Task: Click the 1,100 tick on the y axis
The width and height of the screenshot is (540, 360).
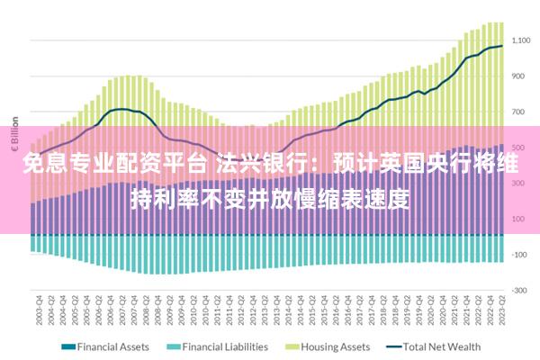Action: tap(524, 40)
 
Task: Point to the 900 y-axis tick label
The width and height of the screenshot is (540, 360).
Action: tap(524, 76)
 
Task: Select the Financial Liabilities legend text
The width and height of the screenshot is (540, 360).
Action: tap(226, 346)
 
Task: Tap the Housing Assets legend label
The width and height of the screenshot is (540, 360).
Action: tap(336, 346)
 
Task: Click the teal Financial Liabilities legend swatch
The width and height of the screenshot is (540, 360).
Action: tap(171, 346)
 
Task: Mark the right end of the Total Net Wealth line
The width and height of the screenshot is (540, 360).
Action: tap(502, 46)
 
